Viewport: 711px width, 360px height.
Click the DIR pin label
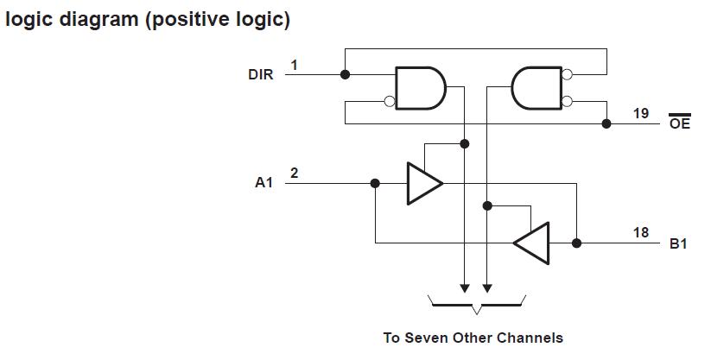point(261,75)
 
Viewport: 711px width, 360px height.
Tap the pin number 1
point(295,65)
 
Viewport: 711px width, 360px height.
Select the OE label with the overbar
point(680,123)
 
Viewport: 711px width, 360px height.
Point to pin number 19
point(640,113)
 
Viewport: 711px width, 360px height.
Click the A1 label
point(263,183)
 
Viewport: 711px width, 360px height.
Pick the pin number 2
point(295,173)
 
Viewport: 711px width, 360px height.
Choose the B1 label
point(679,243)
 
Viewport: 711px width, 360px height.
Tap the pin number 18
point(640,232)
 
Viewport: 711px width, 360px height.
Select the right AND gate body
point(536,88)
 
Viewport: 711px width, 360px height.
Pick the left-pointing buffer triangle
point(533,243)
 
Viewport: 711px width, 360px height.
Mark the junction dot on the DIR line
point(346,74)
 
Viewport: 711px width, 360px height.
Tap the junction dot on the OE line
point(606,123)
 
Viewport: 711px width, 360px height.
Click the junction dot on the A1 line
point(375,183)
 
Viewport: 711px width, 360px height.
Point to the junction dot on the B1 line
point(576,243)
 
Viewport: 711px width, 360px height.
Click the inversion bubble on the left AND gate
point(390,102)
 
